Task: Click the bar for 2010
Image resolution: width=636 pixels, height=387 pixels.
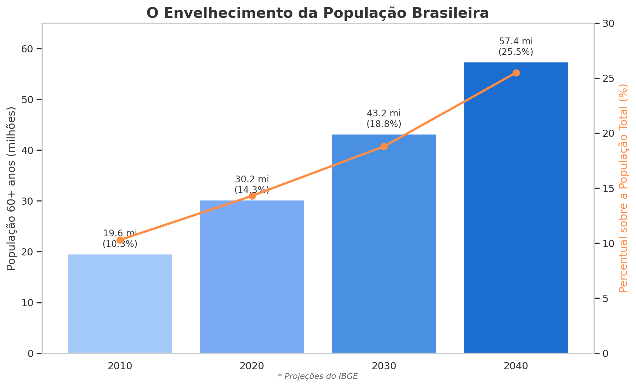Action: pos(120,304)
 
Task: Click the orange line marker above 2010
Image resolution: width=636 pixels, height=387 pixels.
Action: pos(120,240)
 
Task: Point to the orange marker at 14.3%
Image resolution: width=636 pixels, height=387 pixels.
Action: pos(252,196)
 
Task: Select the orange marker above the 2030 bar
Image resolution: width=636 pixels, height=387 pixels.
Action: pos(384,146)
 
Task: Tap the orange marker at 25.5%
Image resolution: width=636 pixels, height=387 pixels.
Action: pos(516,73)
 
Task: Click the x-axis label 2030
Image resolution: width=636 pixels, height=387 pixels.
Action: pos(384,366)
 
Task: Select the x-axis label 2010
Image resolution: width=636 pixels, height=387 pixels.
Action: pos(120,366)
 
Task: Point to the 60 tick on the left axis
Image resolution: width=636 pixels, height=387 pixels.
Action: pos(28,49)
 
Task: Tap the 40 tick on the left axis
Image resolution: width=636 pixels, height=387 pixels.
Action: pos(28,150)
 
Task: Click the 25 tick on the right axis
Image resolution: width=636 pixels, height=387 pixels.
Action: pos(606,79)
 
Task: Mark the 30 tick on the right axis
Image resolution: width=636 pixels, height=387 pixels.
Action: pos(606,24)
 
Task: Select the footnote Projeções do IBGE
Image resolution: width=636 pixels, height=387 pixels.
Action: pos(318,376)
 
